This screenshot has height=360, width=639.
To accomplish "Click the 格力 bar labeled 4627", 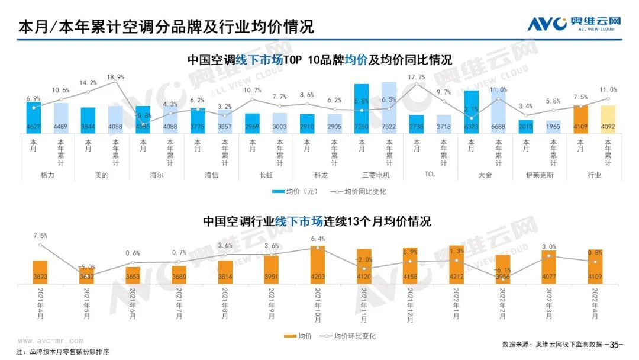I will click(x=34, y=118).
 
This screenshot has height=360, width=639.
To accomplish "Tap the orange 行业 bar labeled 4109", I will click(x=581, y=120).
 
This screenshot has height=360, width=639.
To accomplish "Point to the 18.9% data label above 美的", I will click(x=115, y=77).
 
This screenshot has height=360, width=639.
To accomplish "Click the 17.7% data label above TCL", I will click(x=417, y=77).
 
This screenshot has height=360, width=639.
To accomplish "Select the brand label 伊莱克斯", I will click(x=540, y=175).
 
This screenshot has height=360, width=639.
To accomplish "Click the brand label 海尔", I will click(x=157, y=175).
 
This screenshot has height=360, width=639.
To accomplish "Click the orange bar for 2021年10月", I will click(x=318, y=263).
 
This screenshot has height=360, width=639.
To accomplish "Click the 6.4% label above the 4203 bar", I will click(x=318, y=239).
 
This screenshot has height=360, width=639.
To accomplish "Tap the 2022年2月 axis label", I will click(x=503, y=303).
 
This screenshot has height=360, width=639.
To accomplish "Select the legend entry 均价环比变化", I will click(x=348, y=336).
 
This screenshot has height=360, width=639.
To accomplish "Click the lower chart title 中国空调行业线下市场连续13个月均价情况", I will click(x=317, y=221).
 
